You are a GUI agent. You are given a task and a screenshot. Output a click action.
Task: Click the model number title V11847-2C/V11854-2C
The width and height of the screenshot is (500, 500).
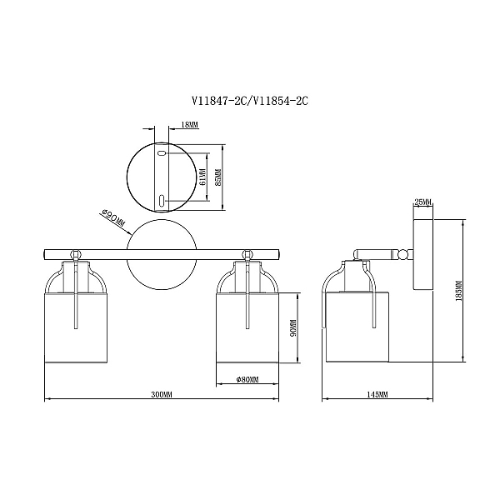250,101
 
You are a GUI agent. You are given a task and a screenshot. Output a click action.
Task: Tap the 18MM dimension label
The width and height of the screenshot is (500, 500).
189,125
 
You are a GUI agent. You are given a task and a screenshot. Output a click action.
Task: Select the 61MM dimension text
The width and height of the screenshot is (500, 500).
202,177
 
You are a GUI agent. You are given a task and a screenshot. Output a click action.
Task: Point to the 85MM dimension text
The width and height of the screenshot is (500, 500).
218,177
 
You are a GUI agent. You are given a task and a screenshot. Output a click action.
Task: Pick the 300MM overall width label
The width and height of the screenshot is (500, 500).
162,394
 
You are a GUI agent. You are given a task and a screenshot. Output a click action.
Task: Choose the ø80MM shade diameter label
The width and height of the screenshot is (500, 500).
247,379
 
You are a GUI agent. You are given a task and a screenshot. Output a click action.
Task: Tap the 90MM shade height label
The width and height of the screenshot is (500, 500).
293,328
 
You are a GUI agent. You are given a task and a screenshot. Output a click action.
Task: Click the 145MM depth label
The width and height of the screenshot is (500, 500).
377,394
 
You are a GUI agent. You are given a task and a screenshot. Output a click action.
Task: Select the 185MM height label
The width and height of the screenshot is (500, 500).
459,291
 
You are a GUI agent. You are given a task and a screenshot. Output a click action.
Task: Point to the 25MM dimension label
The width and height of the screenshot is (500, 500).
422,202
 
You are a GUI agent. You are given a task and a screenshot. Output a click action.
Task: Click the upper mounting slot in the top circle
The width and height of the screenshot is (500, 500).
162,153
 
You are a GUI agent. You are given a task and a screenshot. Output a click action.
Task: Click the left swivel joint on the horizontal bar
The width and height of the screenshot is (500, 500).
75,255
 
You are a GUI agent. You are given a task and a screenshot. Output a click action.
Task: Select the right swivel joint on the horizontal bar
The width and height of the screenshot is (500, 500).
247,255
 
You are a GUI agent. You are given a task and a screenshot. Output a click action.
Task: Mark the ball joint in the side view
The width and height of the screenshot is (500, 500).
403,254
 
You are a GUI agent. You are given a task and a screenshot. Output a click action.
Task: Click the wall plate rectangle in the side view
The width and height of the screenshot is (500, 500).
423,254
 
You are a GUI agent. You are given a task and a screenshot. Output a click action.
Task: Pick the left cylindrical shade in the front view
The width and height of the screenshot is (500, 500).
76,327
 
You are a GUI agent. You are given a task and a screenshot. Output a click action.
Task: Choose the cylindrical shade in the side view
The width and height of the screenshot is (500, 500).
357,327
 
